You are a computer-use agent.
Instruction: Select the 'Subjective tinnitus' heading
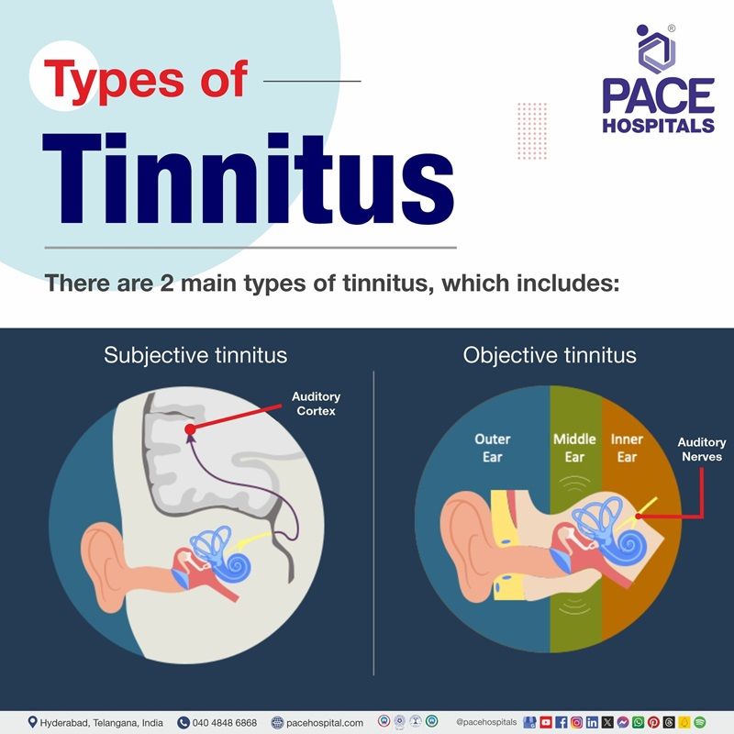[x=195, y=354]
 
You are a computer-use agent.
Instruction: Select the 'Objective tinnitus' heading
[x=550, y=354]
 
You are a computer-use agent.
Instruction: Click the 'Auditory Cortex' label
[x=316, y=404]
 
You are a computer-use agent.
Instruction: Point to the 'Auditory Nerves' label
[x=701, y=450]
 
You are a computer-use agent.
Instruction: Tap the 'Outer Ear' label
[x=492, y=448]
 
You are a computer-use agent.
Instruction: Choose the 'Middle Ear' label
[x=574, y=448]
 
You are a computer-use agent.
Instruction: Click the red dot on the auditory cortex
[x=190, y=428]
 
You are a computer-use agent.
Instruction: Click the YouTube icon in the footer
[x=547, y=722]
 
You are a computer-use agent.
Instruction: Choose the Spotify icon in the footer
[x=700, y=722]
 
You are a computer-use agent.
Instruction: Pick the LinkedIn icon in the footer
[x=592, y=722]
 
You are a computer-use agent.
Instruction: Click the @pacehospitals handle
[x=486, y=722]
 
